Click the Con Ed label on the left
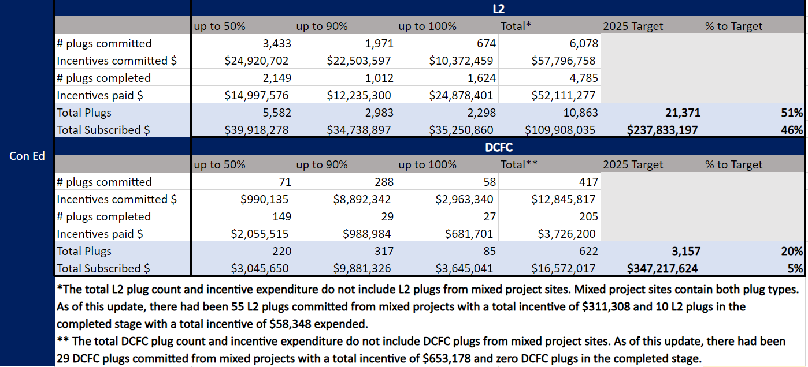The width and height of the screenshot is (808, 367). pos(27,156)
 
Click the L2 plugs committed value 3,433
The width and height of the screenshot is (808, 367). pos(276,43)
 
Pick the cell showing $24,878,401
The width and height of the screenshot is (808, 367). pos(462,95)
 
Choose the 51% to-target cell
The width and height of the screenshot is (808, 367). pos(794,113)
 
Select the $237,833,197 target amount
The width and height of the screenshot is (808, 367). pos(662,130)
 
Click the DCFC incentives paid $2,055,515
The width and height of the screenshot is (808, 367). pos(264,234)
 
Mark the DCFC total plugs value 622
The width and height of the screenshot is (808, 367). pos(588,251)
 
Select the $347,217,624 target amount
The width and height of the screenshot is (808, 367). pos(662,268)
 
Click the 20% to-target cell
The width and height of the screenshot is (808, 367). pos(794,251)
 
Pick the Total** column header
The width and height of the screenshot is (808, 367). pos(519,164)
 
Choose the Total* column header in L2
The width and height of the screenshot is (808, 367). pos(516,26)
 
